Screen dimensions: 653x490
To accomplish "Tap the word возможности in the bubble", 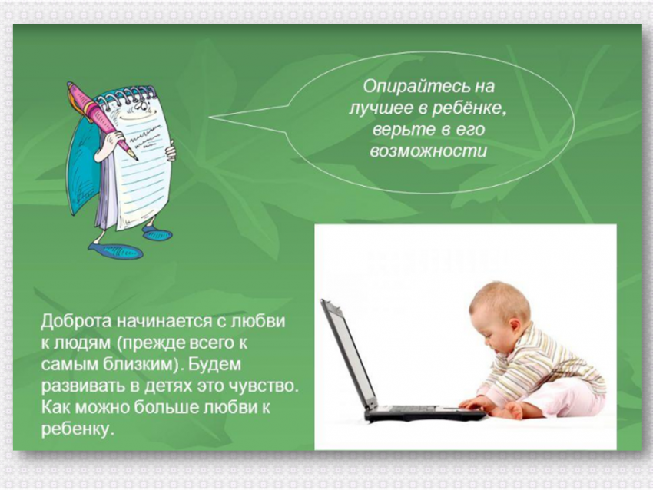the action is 429,151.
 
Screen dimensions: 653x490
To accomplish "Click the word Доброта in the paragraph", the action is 76,321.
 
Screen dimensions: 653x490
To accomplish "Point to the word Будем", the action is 215,364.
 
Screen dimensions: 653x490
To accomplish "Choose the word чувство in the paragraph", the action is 264,386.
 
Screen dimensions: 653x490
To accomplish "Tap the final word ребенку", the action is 78,429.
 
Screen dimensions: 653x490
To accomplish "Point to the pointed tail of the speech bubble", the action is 210,118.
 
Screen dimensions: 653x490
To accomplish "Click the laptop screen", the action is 349,354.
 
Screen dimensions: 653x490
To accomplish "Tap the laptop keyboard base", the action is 425,413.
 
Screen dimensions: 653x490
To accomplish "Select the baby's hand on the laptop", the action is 472,403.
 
